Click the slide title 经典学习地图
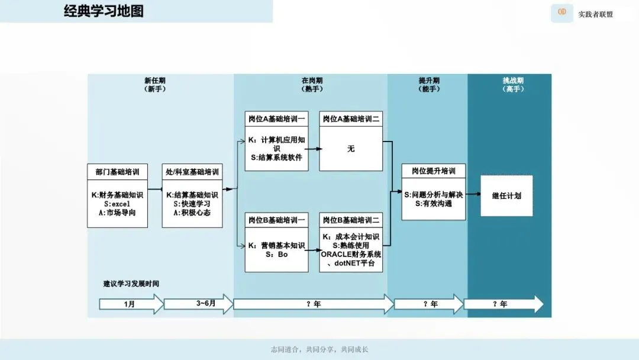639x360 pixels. pos(104,11)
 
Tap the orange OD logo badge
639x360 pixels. pos(561,12)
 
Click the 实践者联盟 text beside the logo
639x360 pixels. pos(596,14)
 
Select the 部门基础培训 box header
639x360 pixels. pos(117,172)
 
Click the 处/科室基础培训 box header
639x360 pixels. pos(192,172)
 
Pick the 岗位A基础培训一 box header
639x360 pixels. pos(276,119)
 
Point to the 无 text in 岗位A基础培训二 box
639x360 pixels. pos(351,149)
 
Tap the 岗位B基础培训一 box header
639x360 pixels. pos(276,220)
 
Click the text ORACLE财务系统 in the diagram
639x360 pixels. pos(351,254)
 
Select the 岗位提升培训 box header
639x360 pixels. pos(434,171)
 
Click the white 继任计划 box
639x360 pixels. pos(506,195)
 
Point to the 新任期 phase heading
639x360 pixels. pos(154,81)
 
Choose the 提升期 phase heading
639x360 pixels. pos(429,81)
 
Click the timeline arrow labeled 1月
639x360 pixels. pos(130,304)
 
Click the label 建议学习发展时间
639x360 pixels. pos(131,284)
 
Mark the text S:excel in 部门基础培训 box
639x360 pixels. pos(117,204)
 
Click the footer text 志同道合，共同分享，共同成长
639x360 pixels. pos(319,349)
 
